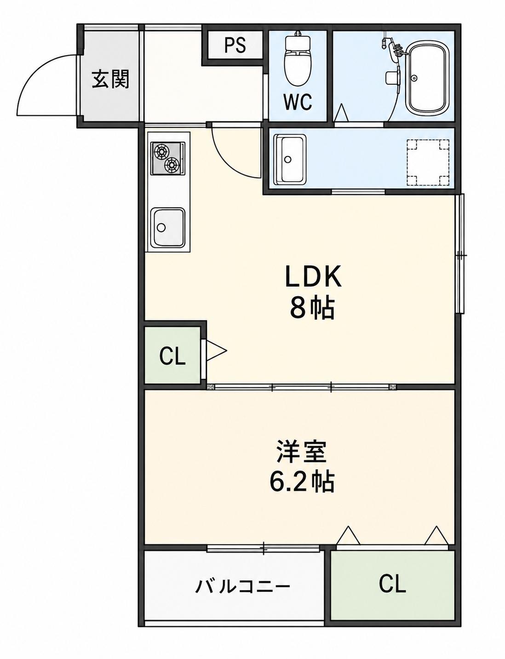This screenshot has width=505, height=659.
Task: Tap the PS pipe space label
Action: [x=235, y=46]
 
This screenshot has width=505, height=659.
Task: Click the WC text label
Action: [x=298, y=102]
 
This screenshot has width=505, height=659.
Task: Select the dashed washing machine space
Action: [x=428, y=162]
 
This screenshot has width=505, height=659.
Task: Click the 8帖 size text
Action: [x=312, y=308]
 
